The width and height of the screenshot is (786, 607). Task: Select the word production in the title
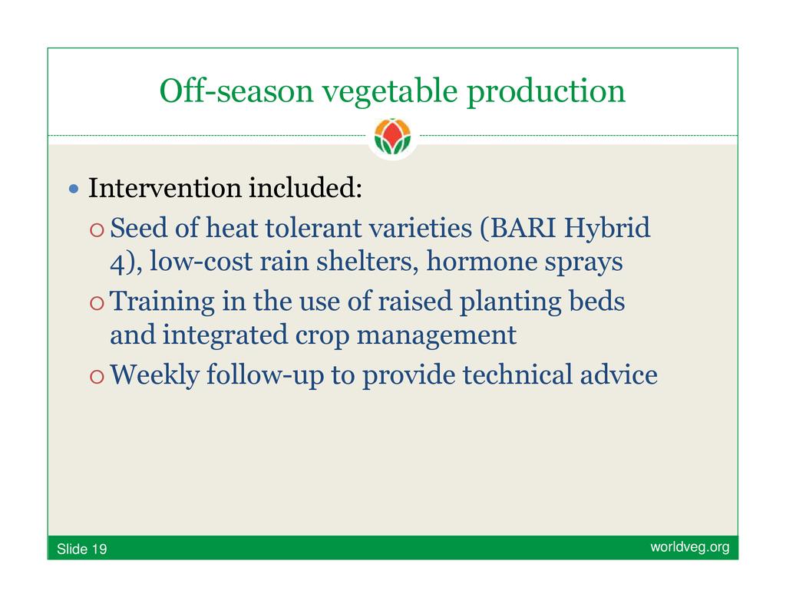(x=546, y=92)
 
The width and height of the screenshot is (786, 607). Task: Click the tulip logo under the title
(x=392, y=136)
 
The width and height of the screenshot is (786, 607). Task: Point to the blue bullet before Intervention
(x=74, y=189)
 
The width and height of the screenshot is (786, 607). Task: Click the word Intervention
(x=165, y=188)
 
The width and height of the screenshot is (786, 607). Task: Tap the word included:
(x=305, y=187)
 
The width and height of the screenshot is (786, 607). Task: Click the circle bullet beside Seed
(x=97, y=230)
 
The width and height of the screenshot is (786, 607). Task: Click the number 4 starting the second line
(x=117, y=262)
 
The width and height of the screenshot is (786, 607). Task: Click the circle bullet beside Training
(x=97, y=303)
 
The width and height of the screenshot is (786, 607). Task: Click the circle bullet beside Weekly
(x=97, y=377)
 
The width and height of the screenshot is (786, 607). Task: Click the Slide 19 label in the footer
(x=81, y=549)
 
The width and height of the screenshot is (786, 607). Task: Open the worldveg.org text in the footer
(x=690, y=547)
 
